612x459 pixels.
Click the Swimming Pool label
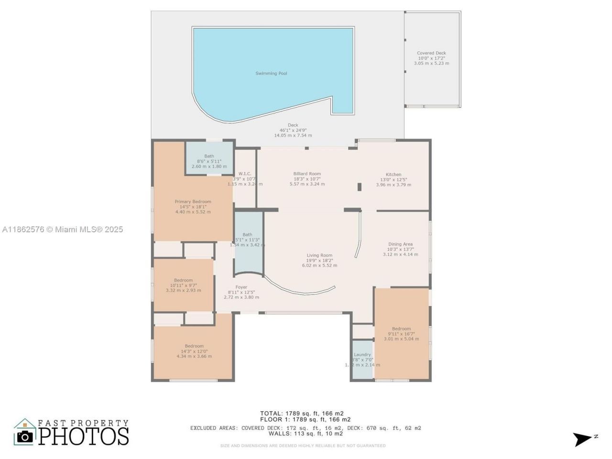pos(271,73)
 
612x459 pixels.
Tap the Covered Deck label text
pos(431,54)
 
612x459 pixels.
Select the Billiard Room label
pos(307,174)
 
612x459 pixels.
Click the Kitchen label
pos(393,175)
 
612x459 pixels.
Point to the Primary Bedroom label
pos(193,202)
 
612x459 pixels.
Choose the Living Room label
pos(319,255)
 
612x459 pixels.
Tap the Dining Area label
pos(400,244)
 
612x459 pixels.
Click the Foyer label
pos(241,287)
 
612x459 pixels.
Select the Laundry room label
pos(362,355)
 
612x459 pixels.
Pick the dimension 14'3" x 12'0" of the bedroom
pos(194,351)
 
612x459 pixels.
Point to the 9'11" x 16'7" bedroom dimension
pos(401,334)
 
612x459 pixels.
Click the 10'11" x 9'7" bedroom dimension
pos(183,285)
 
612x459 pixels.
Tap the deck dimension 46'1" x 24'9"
pos(293,130)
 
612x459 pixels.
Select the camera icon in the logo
pos(25,436)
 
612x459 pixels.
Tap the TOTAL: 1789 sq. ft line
pos(302,414)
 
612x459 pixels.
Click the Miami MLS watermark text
pos(62,229)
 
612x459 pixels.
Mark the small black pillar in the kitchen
pos(359,187)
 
